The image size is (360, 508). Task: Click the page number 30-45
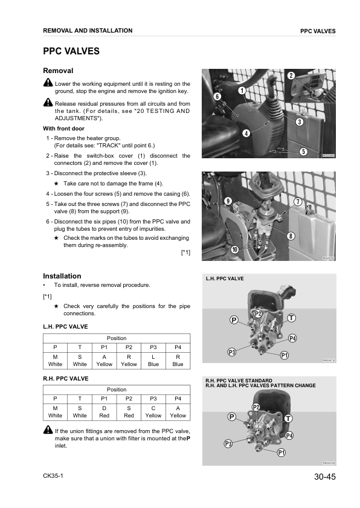[x=325, y=477]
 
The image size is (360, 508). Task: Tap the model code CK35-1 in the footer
[x=53, y=475]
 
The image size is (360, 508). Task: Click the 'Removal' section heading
[x=58, y=71]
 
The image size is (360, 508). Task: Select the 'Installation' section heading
[x=62, y=276]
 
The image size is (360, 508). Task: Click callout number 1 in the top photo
[x=242, y=91]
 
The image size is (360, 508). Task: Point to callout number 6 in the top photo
[x=217, y=96]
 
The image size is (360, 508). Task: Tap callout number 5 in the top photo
[x=303, y=151]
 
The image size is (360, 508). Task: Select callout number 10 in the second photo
[x=234, y=249]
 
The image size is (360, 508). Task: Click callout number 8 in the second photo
[x=291, y=236]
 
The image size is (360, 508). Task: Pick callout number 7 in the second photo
[x=298, y=202]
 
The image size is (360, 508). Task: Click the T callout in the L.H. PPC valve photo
[x=291, y=318]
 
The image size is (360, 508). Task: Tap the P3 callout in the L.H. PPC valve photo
[x=232, y=352]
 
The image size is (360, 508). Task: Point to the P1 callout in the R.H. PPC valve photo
[x=281, y=452]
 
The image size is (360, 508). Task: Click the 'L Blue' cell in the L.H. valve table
[x=153, y=361]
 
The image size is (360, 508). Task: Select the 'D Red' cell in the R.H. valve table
[x=104, y=412]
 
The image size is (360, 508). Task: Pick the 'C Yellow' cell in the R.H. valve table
[x=153, y=412]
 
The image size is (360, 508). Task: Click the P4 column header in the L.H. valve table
[x=178, y=347]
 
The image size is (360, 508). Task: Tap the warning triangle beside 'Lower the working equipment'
[x=48, y=83]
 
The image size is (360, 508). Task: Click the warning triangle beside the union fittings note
[x=48, y=429]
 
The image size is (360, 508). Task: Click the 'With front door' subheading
[x=63, y=129]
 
